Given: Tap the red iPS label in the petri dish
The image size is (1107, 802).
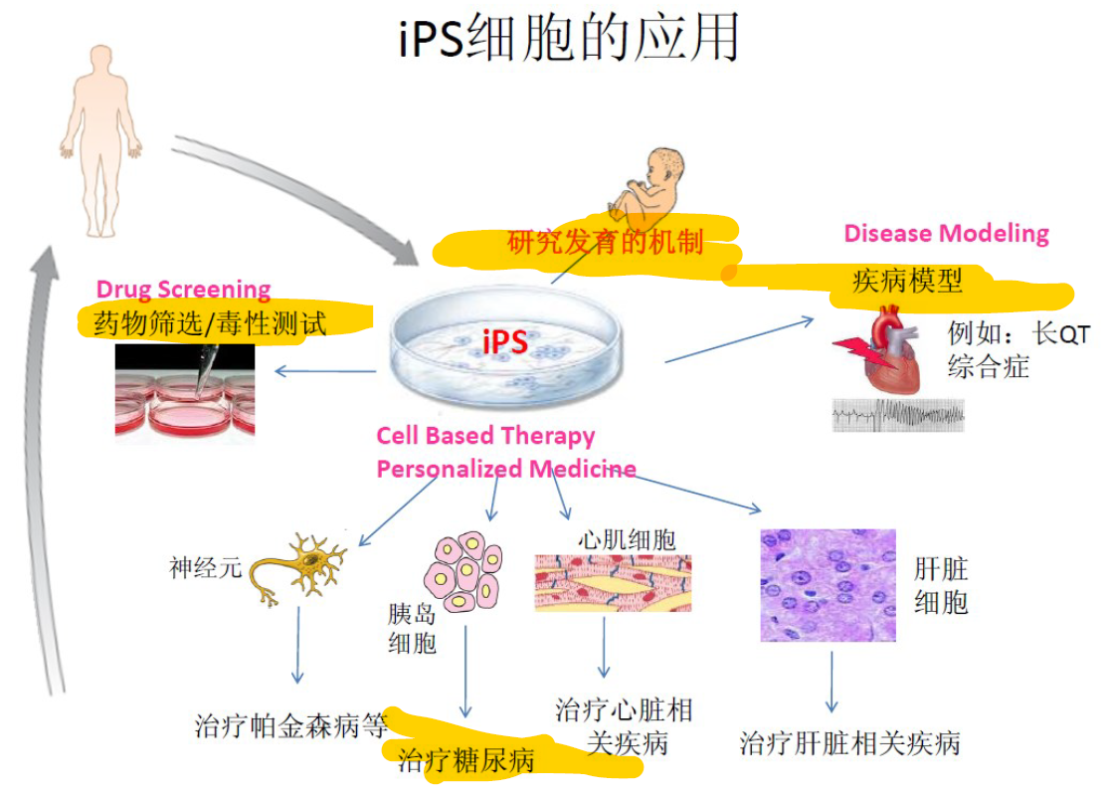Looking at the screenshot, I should [504, 341].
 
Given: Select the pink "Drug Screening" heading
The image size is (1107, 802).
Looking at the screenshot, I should [183, 290].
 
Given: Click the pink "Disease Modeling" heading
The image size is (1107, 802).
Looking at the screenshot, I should [946, 234].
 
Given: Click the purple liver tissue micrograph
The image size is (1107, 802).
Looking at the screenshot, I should [828, 585].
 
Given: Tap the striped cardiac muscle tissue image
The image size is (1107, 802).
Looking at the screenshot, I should [613, 582].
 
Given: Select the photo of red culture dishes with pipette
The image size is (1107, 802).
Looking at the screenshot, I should [185, 390].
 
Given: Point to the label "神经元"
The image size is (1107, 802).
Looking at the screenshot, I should [205, 568].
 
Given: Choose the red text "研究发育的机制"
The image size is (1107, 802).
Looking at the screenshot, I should [605, 241].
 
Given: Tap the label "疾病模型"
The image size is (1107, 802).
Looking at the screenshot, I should [907, 281].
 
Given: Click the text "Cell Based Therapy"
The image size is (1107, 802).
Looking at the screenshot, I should [485, 436].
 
